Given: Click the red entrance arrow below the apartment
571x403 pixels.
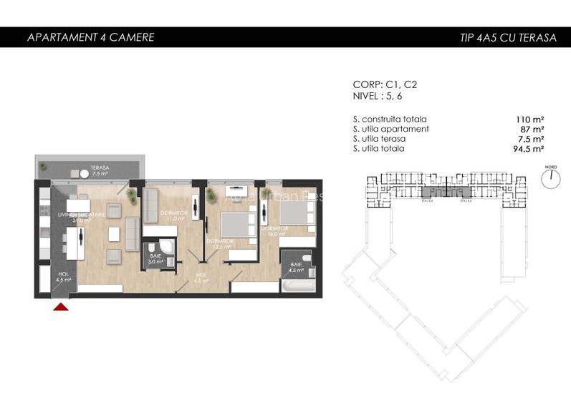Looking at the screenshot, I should (62, 306).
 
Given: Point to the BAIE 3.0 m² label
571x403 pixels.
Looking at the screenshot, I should (155, 259).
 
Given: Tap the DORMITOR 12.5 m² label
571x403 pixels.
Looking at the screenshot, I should (220, 244).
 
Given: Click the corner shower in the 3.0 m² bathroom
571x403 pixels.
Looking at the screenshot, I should (166, 247).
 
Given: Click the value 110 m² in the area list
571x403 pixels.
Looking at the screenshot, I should (530, 119).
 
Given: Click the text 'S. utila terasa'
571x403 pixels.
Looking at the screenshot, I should (379, 139).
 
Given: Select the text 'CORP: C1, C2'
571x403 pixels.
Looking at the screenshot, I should (385, 84).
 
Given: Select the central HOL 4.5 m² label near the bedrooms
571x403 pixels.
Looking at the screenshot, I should (201, 278).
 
